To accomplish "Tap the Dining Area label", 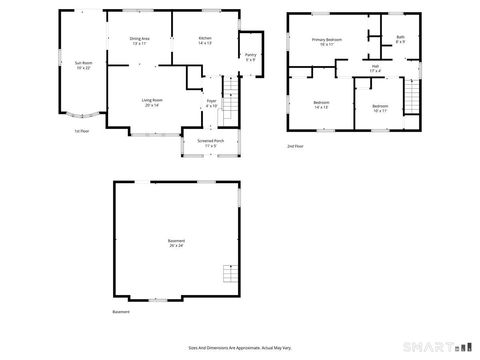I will click(138, 41).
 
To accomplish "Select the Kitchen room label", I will click(206, 41).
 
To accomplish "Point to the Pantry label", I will click(250, 57).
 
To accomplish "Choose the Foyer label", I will click(211, 103).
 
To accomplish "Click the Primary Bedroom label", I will click(326, 42).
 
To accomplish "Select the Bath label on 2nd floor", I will click(400, 39).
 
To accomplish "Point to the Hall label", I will click(375, 69).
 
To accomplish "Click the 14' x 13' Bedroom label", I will click(321, 104).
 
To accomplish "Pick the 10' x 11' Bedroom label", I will click(379, 108).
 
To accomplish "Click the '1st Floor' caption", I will click(83, 131).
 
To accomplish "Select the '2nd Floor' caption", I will click(296, 145).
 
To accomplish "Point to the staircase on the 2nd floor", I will click(411, 98).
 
